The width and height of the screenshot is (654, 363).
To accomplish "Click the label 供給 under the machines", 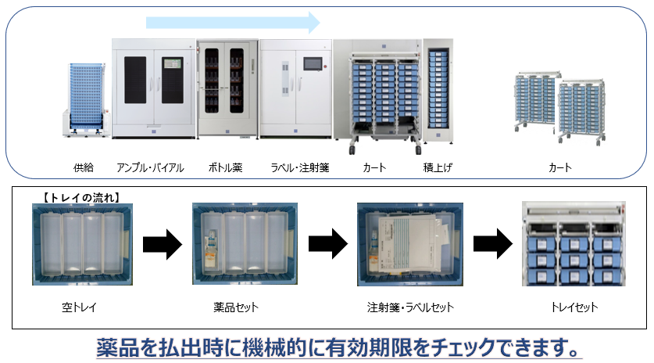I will [x=83, y=167].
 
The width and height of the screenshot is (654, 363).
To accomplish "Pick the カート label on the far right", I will [x=560, y=167].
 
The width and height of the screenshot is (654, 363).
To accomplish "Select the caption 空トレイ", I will [x=79, y=307].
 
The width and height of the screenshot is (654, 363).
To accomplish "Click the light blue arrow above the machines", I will [x=234, y=22].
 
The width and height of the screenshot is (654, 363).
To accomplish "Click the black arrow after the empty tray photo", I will [x=162, y=244].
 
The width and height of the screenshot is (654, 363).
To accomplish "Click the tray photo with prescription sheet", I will [x=409, y=244].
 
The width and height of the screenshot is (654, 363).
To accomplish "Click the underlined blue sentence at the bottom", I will [x=339, y=346].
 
